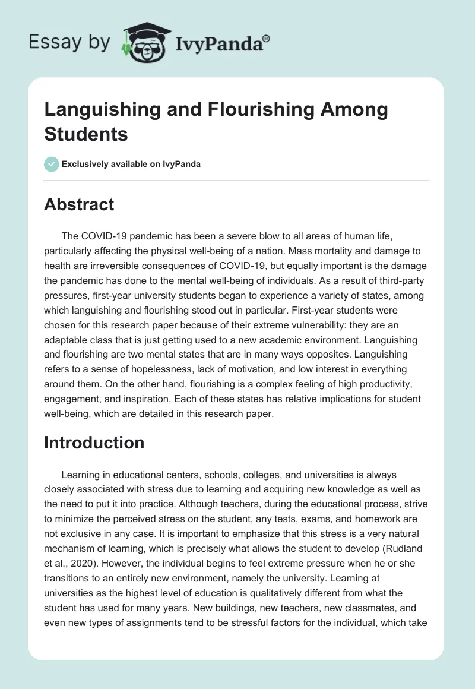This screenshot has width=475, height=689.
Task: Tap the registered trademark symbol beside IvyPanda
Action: pyautogui.click(x=267, y=39)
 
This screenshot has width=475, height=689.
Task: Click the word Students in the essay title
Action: pyautogui.click(x=86, y=134)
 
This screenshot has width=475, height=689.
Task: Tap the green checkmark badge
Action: pyautogui.click(x=52, y=164)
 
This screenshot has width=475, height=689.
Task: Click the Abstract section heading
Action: pyautogui.click(x=79, y=204)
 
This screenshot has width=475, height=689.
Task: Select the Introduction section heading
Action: pyautogui.click(x=94, y=443)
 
